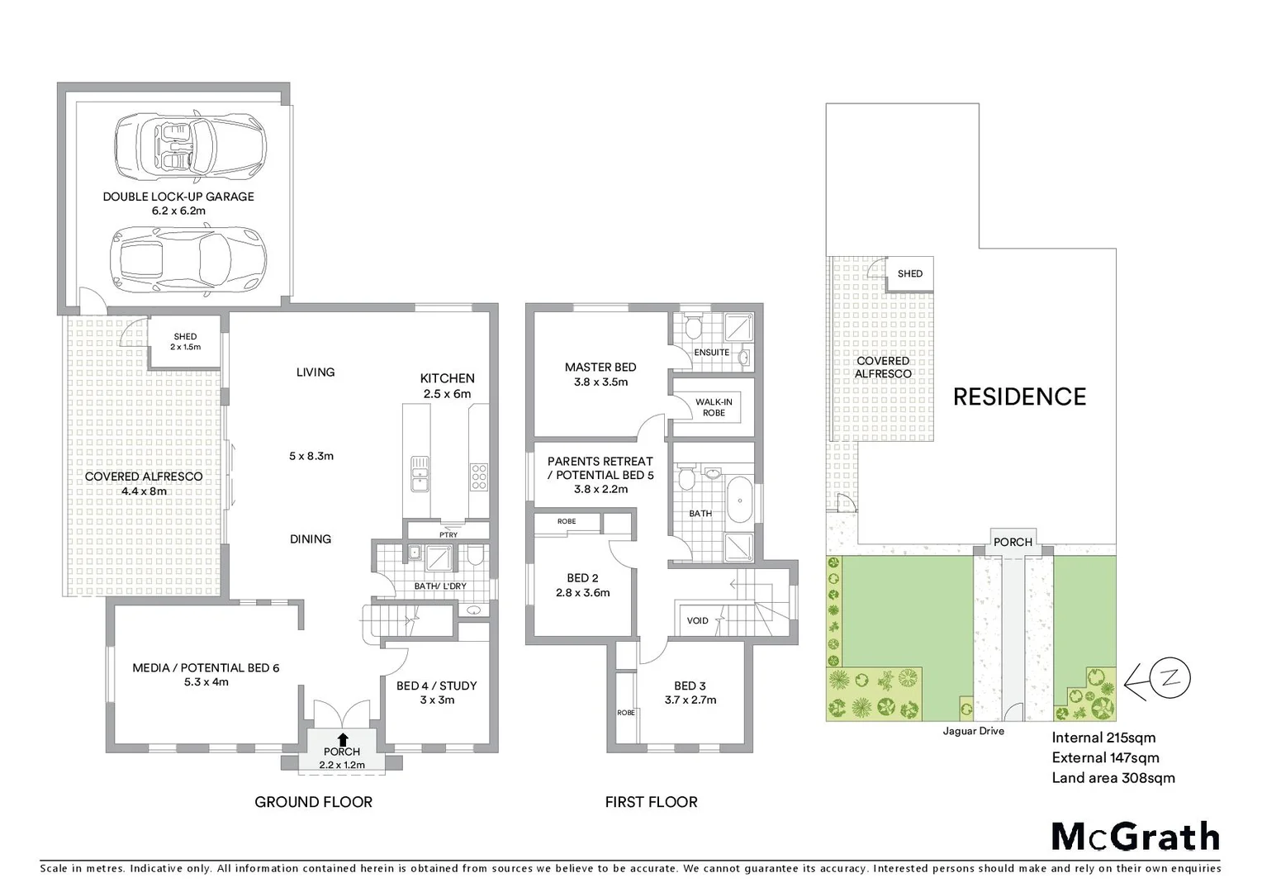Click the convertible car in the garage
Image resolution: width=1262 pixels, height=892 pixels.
point(190,145)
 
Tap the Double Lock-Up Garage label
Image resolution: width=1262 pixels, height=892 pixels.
point(178,197)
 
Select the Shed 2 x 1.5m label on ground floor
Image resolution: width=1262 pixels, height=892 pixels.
point(185,342)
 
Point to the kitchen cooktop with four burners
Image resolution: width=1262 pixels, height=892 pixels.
point(479,477)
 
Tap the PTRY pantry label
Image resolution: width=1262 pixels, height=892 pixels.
point(448,535)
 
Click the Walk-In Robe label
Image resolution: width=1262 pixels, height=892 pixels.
point(714,407)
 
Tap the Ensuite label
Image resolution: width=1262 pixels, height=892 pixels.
point(711,352)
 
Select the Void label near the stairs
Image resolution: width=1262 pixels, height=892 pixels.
point(698,620)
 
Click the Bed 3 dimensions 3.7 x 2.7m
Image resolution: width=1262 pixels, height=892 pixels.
point(690,700)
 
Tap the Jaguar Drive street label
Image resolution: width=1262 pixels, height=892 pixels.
point(973,731)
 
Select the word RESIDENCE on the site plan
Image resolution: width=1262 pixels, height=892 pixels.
point(1019,397)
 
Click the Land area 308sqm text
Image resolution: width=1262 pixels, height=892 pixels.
point(1113,777)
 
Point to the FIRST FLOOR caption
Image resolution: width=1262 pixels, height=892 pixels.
point(651,802)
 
